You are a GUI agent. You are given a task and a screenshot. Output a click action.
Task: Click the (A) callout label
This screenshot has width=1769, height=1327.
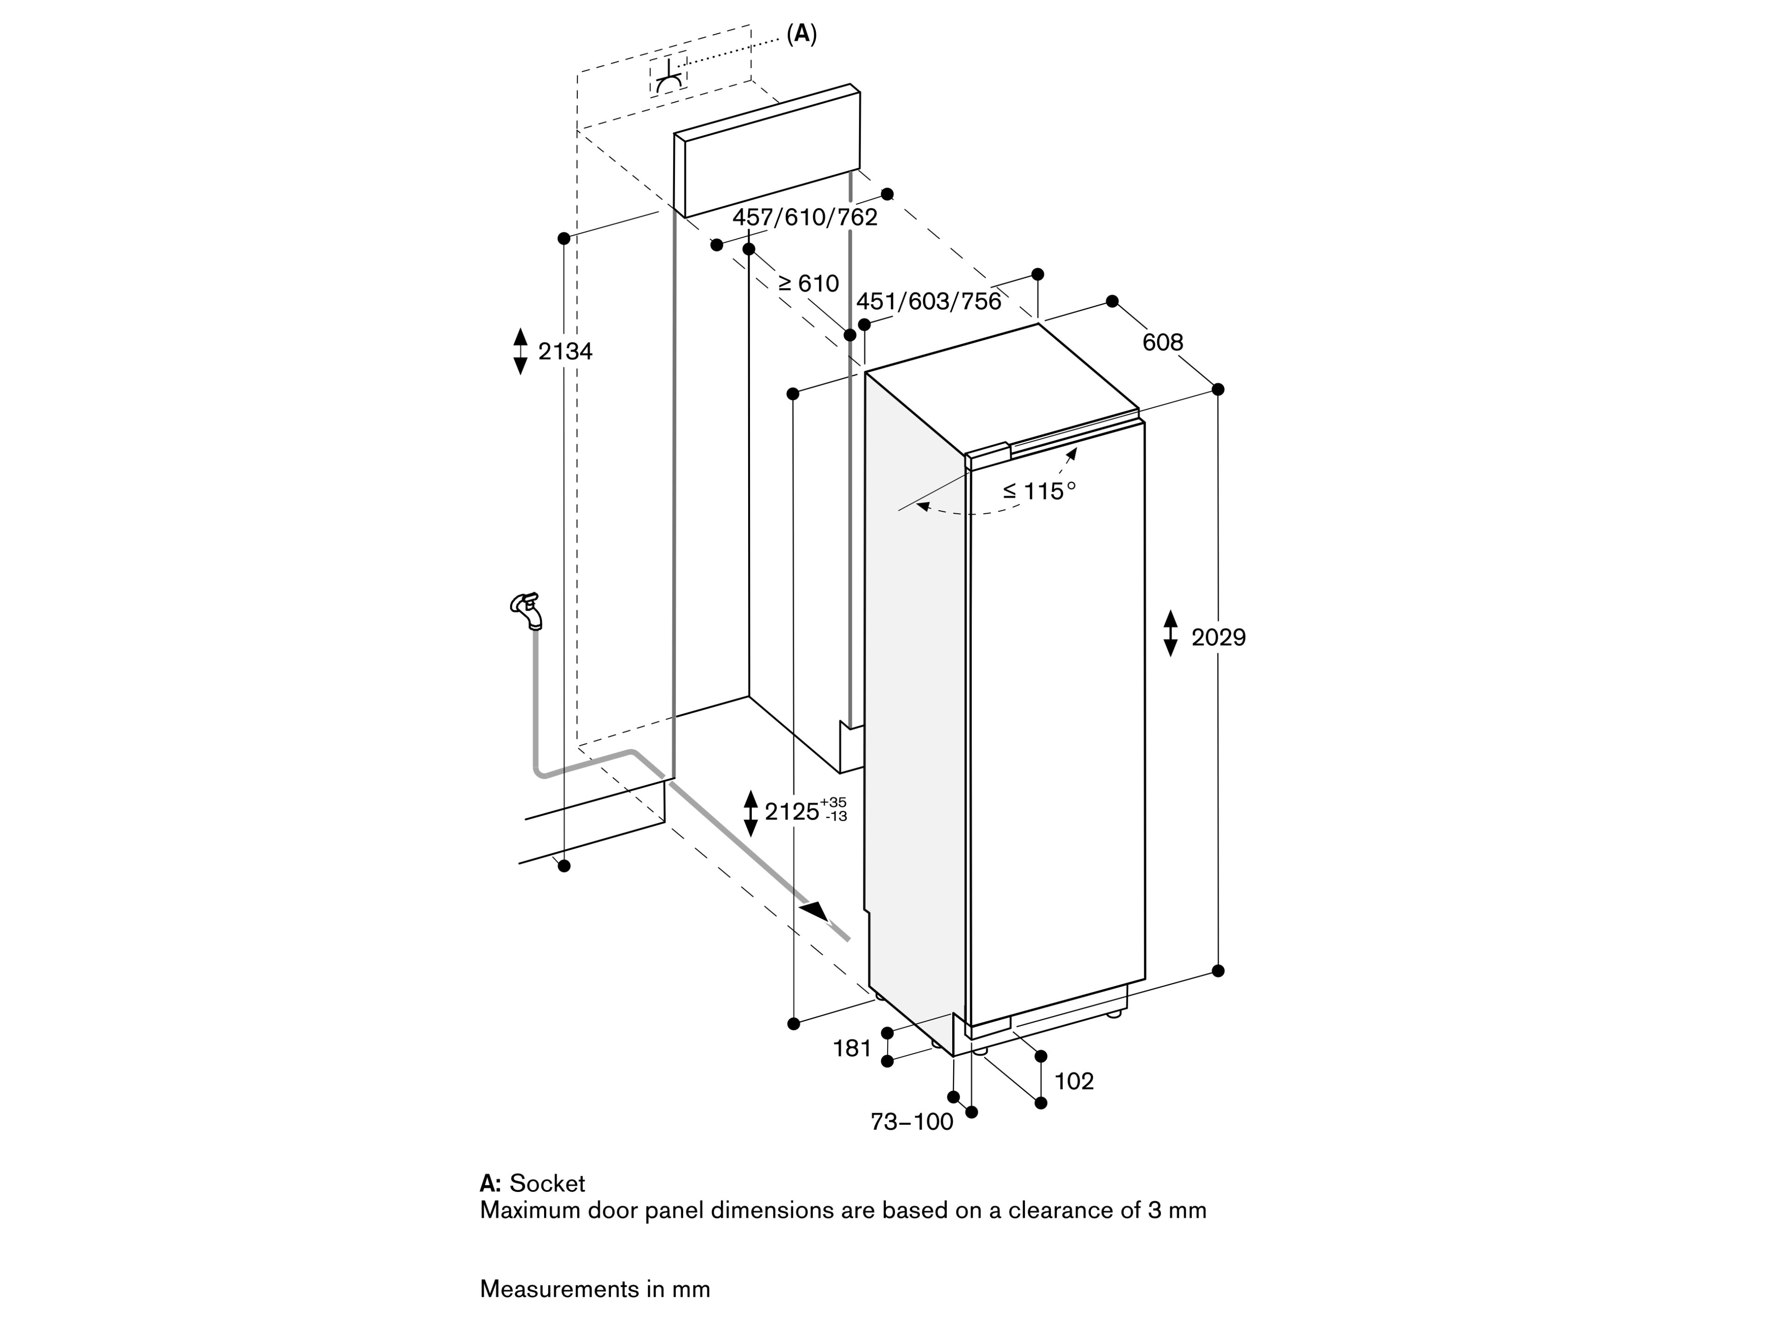[801, 35]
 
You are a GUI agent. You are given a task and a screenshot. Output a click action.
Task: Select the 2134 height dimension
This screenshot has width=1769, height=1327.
[565, 351]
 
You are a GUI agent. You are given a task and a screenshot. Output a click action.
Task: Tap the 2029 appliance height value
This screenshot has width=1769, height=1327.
[1218, 638]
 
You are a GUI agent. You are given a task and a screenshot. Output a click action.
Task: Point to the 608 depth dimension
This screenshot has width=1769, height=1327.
[1162, 342]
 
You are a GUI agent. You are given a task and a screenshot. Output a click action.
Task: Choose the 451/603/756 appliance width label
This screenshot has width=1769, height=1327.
[928, 301]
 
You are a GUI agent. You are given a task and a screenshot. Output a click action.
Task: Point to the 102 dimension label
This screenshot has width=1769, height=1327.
[1073, 1081]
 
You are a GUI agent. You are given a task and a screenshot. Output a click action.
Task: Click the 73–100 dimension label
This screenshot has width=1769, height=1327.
[912, 1122]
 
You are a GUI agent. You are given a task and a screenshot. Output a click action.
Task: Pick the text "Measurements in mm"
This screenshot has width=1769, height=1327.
[595, 1289]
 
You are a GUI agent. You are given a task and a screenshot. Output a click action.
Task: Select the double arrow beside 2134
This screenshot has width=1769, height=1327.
[521, 351]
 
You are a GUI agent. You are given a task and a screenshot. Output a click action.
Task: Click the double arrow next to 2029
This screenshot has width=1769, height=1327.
[1171, 634]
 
